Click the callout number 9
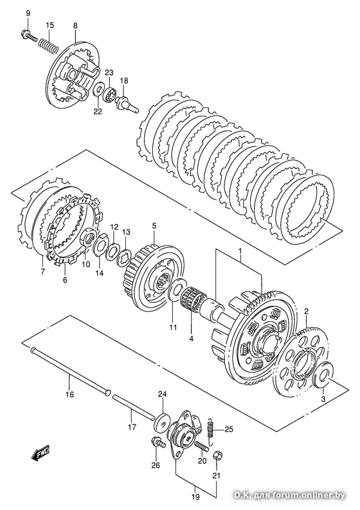pyautogui.click(x=28, y=13)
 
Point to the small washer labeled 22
pyautogui.click(x=98, y=89)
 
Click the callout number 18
pyautogui.click(x=124, y=81)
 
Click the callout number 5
pyautogui.click(x=154, y=225)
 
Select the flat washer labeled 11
pyautogui.click(x=177, y=287)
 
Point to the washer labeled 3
pyautogui.click(x=323, y=374)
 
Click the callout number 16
pyautogui.click(x=69, y=394)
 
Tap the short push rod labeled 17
pyautogui.click(x=133, y=405)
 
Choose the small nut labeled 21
pyautogui.click(x=218, y=455)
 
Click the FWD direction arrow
pyautogui.click(x=40, y=452)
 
